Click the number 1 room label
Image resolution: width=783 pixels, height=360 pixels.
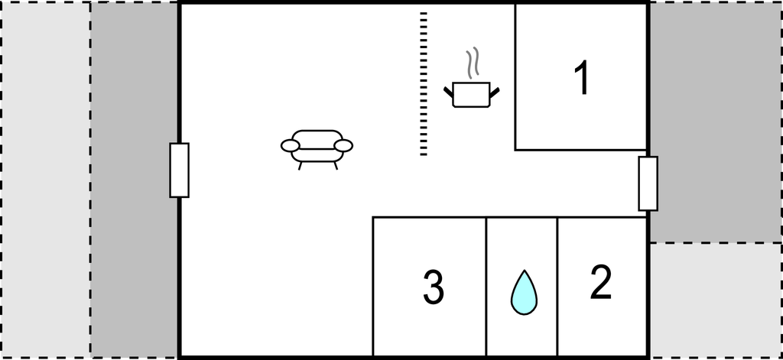[x=582, y=78]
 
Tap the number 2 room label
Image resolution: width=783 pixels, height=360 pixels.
[x=601, y=282]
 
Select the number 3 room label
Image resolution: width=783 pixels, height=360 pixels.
[x=433, y=287]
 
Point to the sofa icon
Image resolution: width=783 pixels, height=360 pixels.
[x=317, y=146]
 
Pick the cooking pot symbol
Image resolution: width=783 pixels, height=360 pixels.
[x=472, y=94]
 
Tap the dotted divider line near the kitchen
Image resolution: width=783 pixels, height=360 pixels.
[x=423, y=84]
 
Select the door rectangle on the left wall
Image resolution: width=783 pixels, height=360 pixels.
[x=179, y=170]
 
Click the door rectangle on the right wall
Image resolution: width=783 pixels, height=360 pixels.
[x=648, y=183]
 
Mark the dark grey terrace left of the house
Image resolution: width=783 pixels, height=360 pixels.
[x=135, y=179]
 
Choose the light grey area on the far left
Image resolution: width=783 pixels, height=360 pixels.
[x=46, y=179]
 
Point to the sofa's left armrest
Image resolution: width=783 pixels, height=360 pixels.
[x=291, y=145]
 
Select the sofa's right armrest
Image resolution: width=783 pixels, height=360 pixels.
[x=344, y=145]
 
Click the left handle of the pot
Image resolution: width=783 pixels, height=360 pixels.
[x=449, y=92]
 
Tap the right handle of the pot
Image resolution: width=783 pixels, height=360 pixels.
[x=495, y=92]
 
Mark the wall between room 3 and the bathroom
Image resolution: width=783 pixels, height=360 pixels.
[x=486, y=287]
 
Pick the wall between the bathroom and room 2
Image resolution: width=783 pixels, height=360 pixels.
[x=557, y=287]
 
